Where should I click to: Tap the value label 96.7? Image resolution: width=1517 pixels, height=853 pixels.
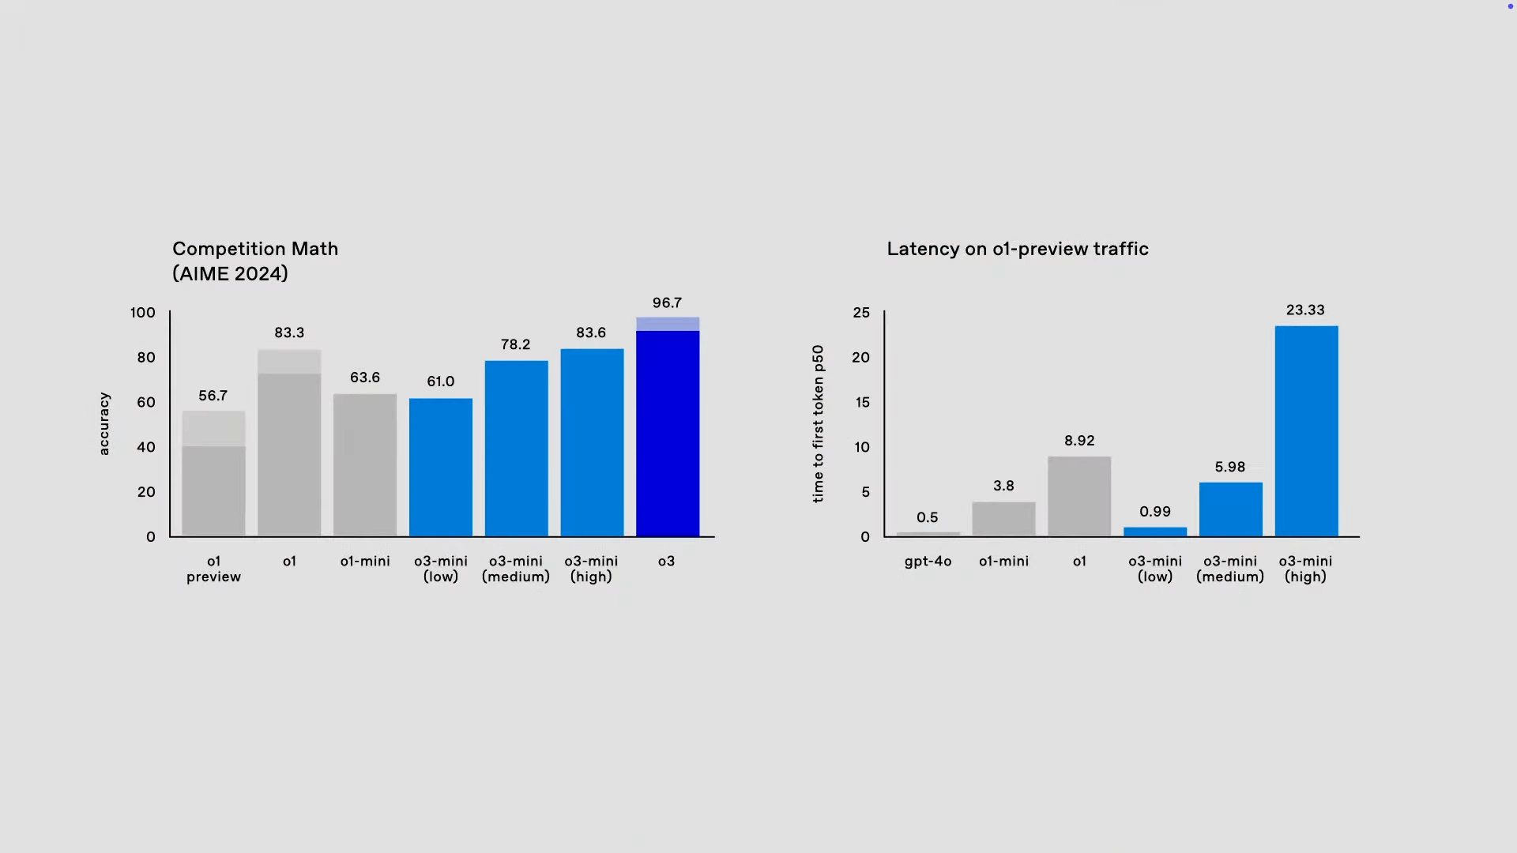tap(667, 303)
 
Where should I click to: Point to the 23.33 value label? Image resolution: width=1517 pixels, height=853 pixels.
tap(1305, 310)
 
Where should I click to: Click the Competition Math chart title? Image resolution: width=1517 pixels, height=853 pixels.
tap(255, 261)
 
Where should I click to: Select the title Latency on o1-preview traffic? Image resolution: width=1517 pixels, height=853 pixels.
tap(1018, 249)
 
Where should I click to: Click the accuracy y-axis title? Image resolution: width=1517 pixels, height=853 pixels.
tap(104, 423)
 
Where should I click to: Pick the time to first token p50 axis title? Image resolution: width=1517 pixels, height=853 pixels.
tap(818, 423)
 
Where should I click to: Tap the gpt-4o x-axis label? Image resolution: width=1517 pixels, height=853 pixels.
tap(928, 562)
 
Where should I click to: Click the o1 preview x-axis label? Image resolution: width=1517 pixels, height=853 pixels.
tap(213, 569)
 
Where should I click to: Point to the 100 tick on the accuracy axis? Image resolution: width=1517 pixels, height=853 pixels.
tap(143, 313)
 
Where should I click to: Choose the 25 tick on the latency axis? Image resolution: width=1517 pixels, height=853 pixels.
tap(861, 313)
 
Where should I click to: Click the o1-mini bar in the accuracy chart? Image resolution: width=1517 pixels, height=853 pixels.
tap(365, 465)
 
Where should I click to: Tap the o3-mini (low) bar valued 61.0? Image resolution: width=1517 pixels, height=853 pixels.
tap(441, 468)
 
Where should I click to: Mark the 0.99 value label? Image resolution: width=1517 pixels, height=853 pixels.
tap(1155, 512)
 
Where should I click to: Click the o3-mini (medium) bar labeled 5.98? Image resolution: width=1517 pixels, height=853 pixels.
tap(1230, 509)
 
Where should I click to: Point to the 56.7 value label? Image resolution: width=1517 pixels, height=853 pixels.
tap(213, 396)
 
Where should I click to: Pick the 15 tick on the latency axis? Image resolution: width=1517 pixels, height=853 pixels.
tap(862, 403)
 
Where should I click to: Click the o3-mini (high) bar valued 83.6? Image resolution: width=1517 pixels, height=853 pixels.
tap(592, 442)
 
